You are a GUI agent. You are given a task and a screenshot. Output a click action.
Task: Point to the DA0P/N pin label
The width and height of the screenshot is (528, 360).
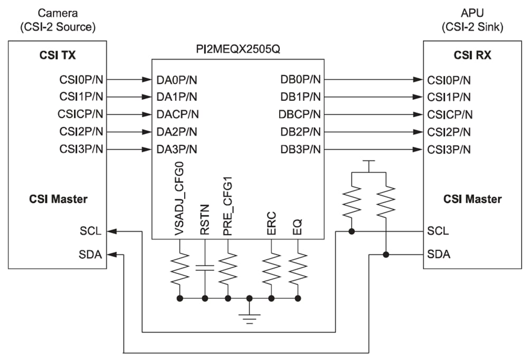pyautogui.click(x=177, y=80)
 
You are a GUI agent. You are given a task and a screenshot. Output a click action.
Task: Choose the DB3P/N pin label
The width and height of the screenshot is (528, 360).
pyautogui.click(x=300, y=149)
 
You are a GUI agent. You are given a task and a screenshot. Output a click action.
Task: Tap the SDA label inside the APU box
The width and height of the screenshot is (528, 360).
pyautogui.click(x=439, y=254)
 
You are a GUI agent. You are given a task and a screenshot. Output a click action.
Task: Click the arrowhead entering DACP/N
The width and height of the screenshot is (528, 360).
pyautogui.click(x=147, y=115)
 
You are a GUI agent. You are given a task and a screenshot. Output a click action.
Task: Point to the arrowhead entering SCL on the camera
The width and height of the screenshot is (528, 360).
pyautogui.click(x=113, y=231)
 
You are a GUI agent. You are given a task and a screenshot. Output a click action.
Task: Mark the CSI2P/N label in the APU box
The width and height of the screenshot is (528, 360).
pyautogui.click(x=450, y=132)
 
